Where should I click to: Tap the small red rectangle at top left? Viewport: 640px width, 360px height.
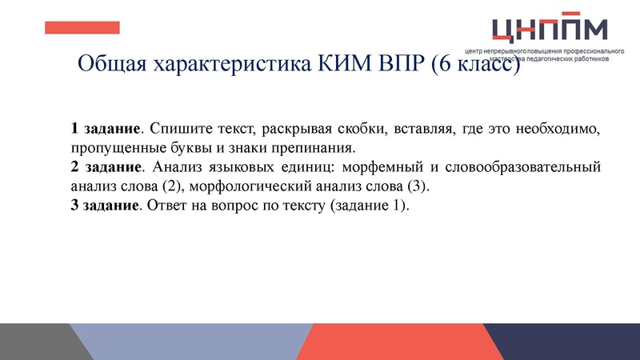pyautogui.click(x=82, y=27)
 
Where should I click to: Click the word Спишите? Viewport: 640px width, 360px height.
pyautogui.click(x=177, y=129)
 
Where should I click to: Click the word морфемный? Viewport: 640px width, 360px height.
pyautogui.click(x=376, y=168)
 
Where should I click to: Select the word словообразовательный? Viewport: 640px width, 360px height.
pyautogui.click(x=522, y=168)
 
